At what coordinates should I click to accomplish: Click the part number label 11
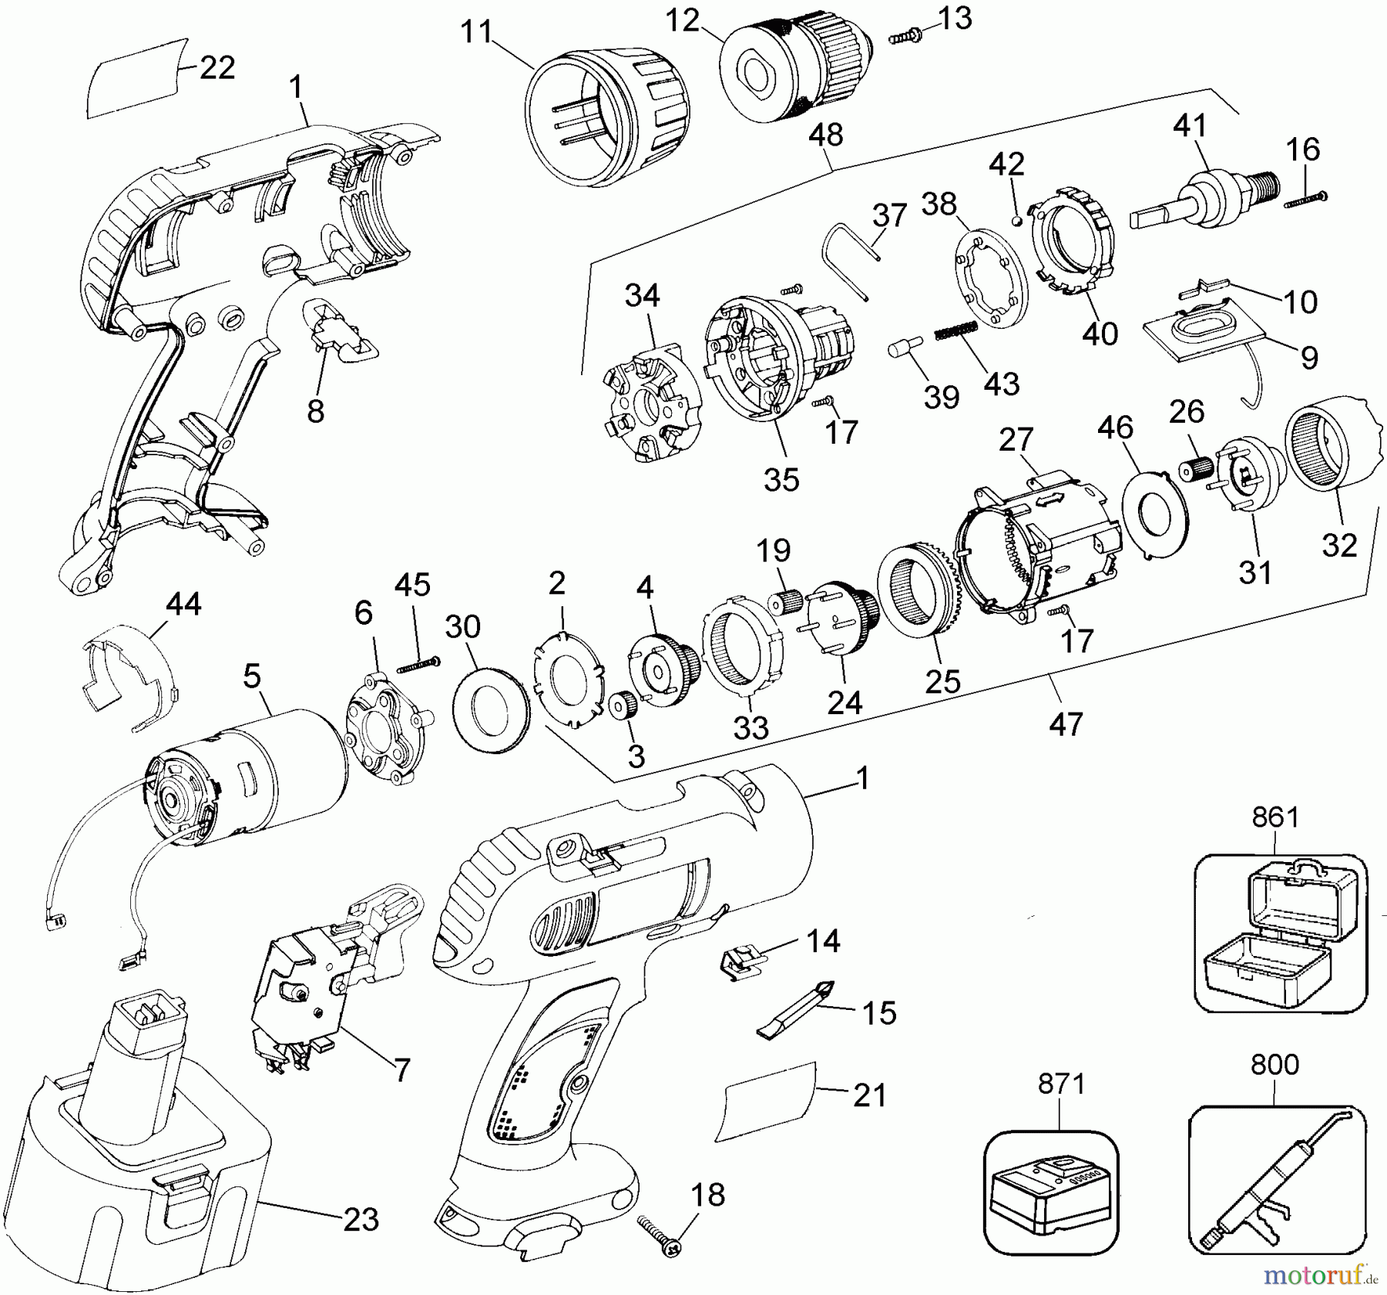pyautogui.click(x=476, y=34)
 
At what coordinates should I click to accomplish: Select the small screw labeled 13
pyautogui.click(x=906, y=35)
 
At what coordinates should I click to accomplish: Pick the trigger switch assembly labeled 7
pyautogui.click(x=324, y=971)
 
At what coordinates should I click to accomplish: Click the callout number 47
pyautogui.click(x=1066, y=724)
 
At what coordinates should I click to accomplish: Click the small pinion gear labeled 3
pyautogui.click(x=621, y=706)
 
